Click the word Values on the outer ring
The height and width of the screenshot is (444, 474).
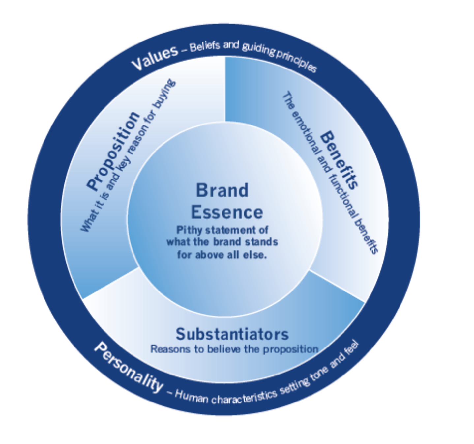click(x=154, y=58)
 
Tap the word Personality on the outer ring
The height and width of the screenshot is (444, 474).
click(x=129, y=367)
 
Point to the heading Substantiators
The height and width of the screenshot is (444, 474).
click(x=232, y=334)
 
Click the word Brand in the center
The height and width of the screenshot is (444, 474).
click(x=222, y=190)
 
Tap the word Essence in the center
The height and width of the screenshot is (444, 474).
click(x=227, y=212)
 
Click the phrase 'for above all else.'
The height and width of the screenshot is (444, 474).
click(x=222, y=255)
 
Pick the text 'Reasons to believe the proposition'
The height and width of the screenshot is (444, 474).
click(x=234, y=349)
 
